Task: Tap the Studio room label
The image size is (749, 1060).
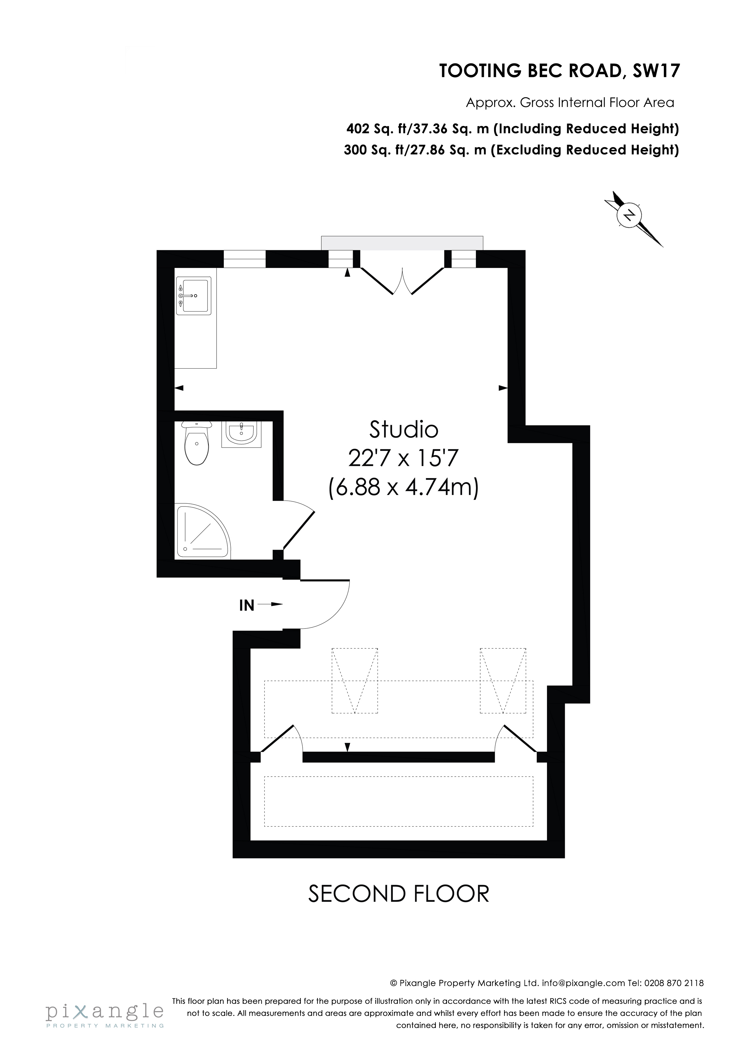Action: pyautogui.click(x=403, y=430)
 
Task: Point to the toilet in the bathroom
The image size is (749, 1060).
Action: pyautogui.click(x=197, y=444)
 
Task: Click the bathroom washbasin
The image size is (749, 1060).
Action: pyautogui.click(x=241, y=434)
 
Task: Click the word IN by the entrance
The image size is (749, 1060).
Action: pyautogui.click(x=247, y=605)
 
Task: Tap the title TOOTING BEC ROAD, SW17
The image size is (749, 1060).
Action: pyautogui.click(x=559, y=71)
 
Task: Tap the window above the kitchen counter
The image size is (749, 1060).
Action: pyautogui.click(x=245, y=259)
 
